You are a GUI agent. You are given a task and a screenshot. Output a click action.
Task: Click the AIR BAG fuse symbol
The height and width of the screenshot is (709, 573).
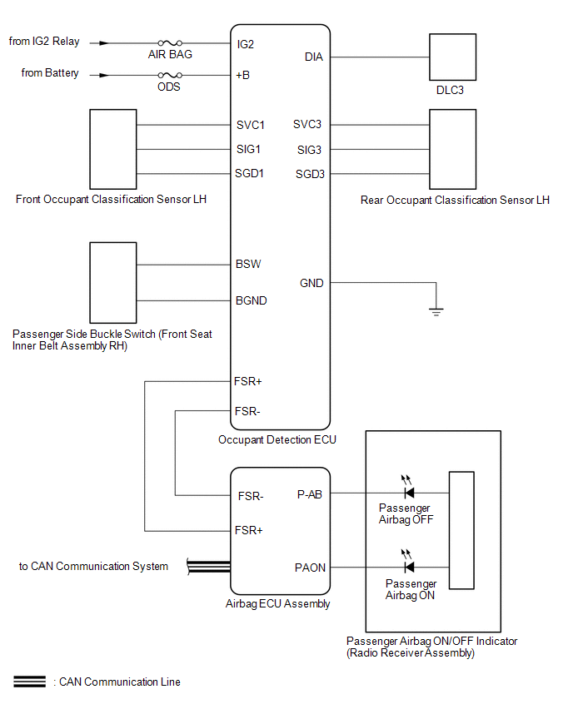[x=170, y=43]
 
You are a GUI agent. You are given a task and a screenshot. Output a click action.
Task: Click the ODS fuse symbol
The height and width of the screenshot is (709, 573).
[x=170, y=75]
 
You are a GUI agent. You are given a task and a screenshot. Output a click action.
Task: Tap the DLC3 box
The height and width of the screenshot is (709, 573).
[x=452, y=57]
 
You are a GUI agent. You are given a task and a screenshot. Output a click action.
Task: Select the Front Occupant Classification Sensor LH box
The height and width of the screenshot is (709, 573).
[x=113, y=149]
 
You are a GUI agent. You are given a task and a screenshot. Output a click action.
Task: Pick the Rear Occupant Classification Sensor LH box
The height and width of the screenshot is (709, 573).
[x=452, y=149]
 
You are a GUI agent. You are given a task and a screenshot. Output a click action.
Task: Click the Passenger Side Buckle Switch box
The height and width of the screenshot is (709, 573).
[x=113, y=283]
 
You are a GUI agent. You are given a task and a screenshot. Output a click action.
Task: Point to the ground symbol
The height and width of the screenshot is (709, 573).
[x=436, y=311]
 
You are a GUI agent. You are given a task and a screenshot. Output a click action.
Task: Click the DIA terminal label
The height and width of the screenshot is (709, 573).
[x=314, y=57]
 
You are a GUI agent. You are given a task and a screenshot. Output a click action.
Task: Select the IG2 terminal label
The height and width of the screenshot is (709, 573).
[x=246, y=44]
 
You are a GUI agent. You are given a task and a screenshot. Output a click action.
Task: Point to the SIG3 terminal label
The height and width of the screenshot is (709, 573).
[x=309, y=150]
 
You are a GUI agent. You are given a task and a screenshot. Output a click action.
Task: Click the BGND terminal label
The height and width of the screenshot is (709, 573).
[x=252, y=300]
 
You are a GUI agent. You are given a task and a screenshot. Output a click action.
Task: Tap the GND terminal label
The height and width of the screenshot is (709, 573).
[x=311, y=283]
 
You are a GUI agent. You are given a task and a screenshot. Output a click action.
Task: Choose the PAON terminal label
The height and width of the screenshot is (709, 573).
[x=310, y=568]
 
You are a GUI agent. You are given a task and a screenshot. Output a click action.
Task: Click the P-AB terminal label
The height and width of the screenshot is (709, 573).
[x=310, y=494]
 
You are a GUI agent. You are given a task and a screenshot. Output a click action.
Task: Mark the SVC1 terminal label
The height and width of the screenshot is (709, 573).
[x=251, y=125]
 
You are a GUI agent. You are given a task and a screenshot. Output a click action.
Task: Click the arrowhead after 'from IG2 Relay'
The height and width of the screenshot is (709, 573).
[x=104, y=43]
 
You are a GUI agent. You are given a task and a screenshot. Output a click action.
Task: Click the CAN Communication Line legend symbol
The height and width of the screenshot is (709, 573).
[x=29, y=682]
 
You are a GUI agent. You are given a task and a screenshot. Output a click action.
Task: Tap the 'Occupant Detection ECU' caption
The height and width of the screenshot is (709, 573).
[x=277, y=439]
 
